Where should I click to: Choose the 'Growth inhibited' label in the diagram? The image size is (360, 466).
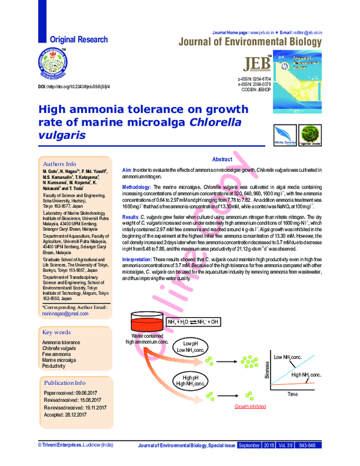(250, 407)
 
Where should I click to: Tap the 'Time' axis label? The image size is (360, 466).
(292, 394)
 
